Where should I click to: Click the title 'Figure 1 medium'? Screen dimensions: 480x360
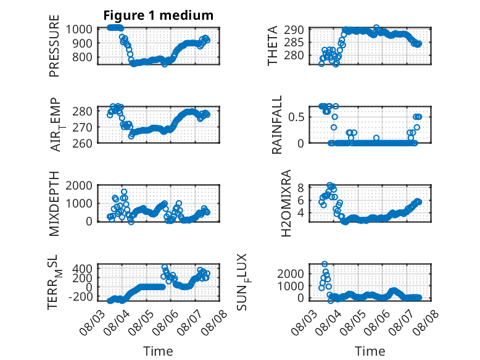pyautogui.click(x=159, y=15)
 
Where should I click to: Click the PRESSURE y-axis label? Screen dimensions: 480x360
pyautogui.click(x=54, y=46)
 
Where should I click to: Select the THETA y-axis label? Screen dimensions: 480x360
pyautogui.click(x=272, y=46)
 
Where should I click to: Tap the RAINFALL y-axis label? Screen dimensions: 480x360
pyautogui.click(x=276, y=125)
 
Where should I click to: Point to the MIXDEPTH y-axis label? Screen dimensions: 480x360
pyautogui.click(x=54, y=204)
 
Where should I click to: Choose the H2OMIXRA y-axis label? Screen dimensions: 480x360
pyautogui.click(x=286, y=203)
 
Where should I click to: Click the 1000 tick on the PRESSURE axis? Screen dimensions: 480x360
pyautogui.click(x=79, y=30)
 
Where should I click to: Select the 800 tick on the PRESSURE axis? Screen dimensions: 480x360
pyautogui.click(x=82, y=57)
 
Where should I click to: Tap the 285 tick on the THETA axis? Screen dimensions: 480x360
pyautogui.click(x=294, y=43)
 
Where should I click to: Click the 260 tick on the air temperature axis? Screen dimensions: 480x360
pyautogui.click(x=82, y=143)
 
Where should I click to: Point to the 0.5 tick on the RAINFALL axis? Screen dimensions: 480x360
pyautogui.click(x=296, y=117)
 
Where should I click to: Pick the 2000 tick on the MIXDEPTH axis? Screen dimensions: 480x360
pyautogui.click(x=79, y=185)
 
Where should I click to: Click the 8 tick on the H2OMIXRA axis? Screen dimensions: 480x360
pyautogui.click(x=300, y=188)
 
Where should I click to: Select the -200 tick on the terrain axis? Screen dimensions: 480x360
pyautogui.click(x=80, y=296)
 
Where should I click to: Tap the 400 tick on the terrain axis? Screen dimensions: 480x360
pyautogui.click(x=82, y=269)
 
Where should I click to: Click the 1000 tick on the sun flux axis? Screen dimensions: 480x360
pyautogui.click(x=291, y=286)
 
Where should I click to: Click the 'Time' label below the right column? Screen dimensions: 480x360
pyautogui.click(x=370, y=351)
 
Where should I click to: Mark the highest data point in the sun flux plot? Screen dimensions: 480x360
pyautogui.click(x=325, y=264)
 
